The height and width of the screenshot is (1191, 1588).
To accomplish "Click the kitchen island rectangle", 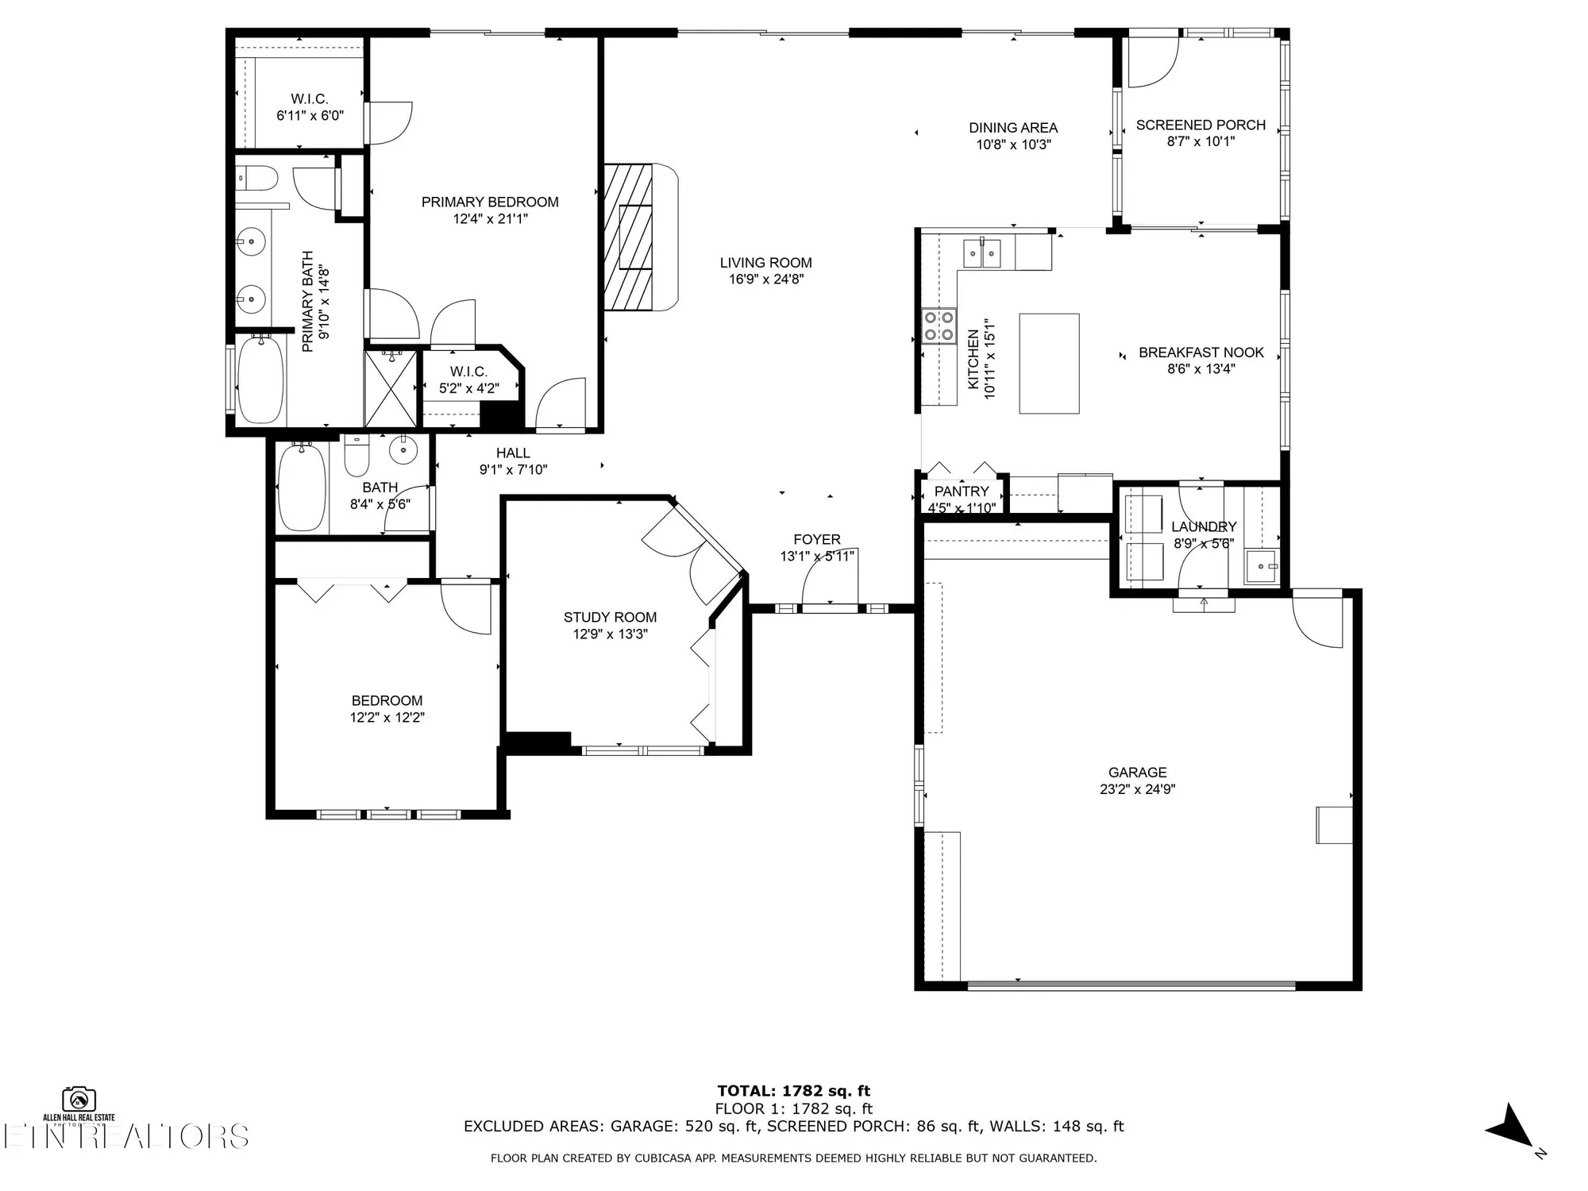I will click(x=1049, y=364).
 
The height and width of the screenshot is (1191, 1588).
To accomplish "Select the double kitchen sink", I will click(x=982, y=252).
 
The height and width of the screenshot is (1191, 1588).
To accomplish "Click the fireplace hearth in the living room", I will click(x=640, y=237).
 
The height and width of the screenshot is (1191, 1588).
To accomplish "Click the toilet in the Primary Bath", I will click(x=256, y=178).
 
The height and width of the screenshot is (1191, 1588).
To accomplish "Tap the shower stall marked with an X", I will click(x=390, y=389).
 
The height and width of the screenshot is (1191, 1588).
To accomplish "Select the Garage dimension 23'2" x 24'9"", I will click(x=1137, y=789).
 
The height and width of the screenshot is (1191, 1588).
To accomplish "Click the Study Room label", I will click(x=610, y=617).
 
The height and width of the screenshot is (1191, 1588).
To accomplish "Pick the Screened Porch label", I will click(x=1201, y=125).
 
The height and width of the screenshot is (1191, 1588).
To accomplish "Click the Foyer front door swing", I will click(x=827, y=578).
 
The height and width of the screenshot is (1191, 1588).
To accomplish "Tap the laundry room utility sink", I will click(x=1261, y=567).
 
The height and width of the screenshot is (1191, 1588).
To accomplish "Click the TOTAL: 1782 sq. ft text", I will click(x=793, y=1091).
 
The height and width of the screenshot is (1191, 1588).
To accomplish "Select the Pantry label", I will click(x=962, y=491).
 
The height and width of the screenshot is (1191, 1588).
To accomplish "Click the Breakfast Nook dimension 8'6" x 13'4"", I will click(x=1201, y=369).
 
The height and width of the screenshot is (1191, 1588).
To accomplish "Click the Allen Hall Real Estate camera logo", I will click(x=79, y=1099).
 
